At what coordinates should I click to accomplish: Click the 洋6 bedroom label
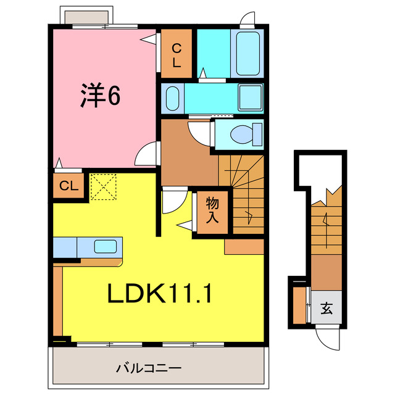tap(99, 95)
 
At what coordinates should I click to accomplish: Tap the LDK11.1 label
tap(160, 294)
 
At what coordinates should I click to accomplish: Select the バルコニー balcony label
tap(149, 368)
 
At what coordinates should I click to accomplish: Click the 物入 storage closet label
tap(212, 211)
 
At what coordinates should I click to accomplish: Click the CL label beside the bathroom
tap(177, 55)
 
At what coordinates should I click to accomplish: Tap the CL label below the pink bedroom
tap(67, 185)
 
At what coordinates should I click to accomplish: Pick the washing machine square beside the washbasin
tap(251, 98)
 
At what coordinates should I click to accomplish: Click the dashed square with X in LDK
tap(103, 187)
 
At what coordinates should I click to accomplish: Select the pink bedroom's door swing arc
tap(147, 154)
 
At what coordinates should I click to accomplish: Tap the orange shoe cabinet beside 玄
tap(301, 306)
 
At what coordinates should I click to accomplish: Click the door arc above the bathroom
tap(246, 18)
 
